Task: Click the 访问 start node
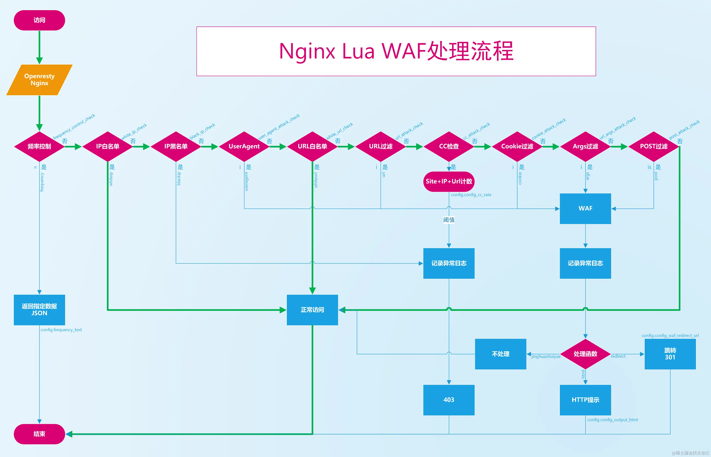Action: pyautogui.click(x=39, y=20)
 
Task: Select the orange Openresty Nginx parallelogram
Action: pyautogui.click(x=39, y=80)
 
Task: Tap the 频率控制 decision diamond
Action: pyautogui.click(x=39, y=146)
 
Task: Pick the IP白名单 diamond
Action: pyautogui.click(x=108, y=146)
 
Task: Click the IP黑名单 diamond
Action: pyautogui.click(x=176, y=146)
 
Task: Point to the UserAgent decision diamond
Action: pyautogui.click(x=244, y=146)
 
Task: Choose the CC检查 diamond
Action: pyautogui.click(x=449, y=146)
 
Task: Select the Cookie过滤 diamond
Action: pyautogui.click(x=517, y=146)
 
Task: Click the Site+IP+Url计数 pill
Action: pyautogui.click(x=449, y=181)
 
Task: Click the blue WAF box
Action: pyautogui.click(x=585, y=209)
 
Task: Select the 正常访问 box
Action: pyautogui.click(x=312, y=310)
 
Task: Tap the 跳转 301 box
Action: pyautogui.click(x=670, y=354)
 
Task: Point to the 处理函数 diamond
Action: pyautogui.click(x=585, y=354)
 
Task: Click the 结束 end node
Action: pyautogui.click(x=39, y=434)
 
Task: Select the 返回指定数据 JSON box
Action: pyautogui.click(x=39, y=310)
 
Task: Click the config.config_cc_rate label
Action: pyautogui.click(x=471, y=195)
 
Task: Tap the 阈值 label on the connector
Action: pyautogui.click(x=449, y=220)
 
